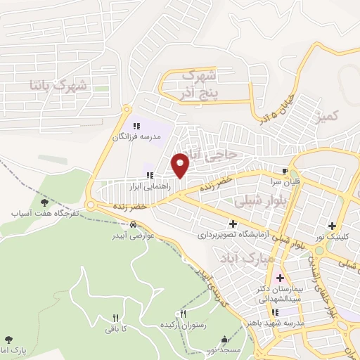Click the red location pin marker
point(181,165)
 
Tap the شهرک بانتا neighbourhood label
point(59,86)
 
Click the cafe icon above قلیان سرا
point(285,171)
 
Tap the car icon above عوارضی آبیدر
point(133,225)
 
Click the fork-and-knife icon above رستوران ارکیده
point(184,314)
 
